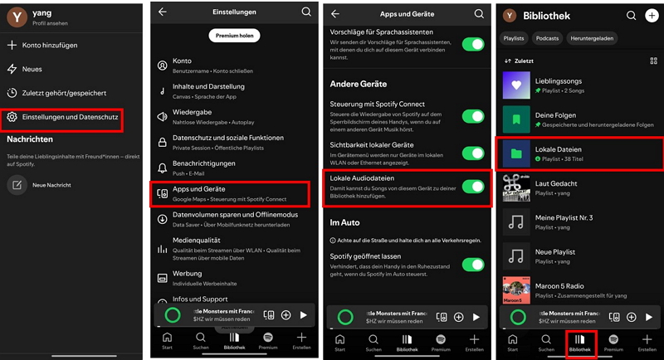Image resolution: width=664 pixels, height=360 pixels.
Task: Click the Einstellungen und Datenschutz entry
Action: [x=70, y=118]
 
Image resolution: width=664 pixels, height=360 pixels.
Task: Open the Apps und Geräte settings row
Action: [x=198, y=193]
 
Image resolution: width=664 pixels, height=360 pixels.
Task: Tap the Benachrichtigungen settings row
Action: [x=203, y=168]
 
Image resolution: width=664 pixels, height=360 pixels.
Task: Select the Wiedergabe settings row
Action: [x=193, y=116]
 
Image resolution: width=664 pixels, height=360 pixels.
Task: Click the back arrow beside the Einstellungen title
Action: [x=163, y=12]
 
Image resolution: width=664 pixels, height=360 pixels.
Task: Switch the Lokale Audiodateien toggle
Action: [x=473, y=187]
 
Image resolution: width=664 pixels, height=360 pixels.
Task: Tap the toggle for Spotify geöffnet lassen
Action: [x=473, y=265]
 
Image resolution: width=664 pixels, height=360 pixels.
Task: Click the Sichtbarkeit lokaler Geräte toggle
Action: [x=473, y=153]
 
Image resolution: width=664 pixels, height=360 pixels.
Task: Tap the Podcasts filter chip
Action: [x=547, y=38]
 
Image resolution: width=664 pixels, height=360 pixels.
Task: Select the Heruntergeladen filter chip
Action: [x=593, y=38]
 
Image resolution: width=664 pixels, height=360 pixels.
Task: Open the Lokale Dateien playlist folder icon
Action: [x=517, y=153]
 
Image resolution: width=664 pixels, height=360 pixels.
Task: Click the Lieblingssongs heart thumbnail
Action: [x=517, y=85]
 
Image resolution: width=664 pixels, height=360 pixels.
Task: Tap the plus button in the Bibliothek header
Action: [x=652, y=15]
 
